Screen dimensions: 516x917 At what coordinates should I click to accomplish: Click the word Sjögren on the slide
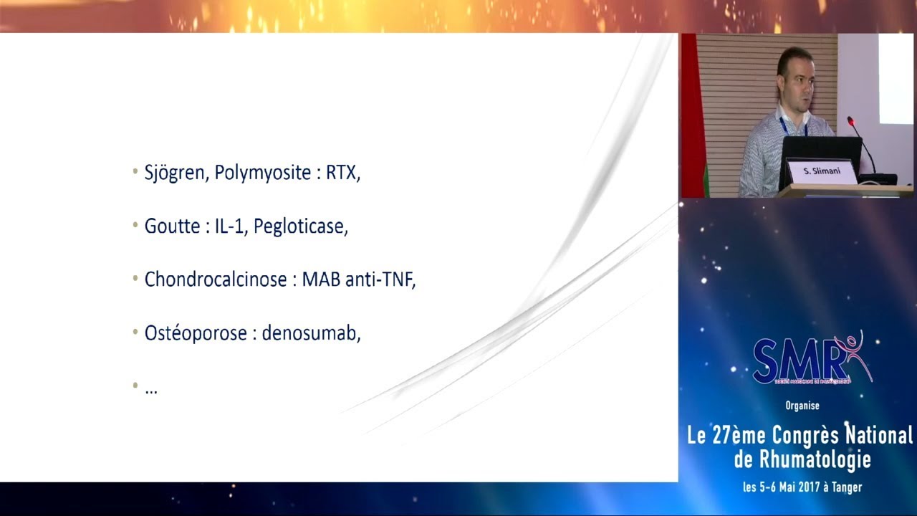coord(174,173)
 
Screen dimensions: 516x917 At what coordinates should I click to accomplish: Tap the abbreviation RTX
coord(342,173)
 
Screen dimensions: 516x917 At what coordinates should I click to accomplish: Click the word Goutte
coord(172,226)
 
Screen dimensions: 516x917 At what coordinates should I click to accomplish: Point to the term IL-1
coord(229,226)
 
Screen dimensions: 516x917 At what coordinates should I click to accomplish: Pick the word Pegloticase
coord(299,227)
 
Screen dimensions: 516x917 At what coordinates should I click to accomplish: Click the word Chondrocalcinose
coord(216,279)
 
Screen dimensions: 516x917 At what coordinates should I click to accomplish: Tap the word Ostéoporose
coord(196,333)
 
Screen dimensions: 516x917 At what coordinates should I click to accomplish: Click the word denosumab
coord(310,333)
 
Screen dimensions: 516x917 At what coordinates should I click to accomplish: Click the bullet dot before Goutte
coord(135,225)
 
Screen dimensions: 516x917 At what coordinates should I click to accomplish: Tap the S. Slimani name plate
coord(822,172)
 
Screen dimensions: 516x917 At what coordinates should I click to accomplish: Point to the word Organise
coord(802,406)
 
